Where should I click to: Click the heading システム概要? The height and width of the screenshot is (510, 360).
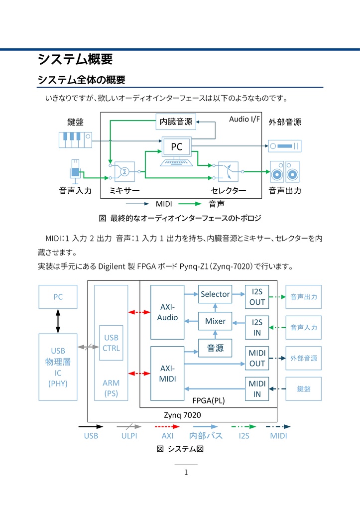pyautogui.click(x=75, y=59)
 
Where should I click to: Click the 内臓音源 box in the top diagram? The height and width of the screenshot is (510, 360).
pyautogui.click(x=175, y=121)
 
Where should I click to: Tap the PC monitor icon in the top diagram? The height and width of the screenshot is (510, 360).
pyautogui.click(x=177, y=150)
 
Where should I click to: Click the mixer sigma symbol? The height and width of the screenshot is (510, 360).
pyautogui.click(x=125, y=171)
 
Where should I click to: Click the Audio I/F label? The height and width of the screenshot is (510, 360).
pyautogui.click(x=244, y=120)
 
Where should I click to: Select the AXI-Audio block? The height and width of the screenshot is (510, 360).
pyautogui.click(x=167, y=312)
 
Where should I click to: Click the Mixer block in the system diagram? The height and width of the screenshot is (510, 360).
pyautogui.click(x=215, y=321)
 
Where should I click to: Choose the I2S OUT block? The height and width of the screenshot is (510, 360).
pyautogui.click(x=257, y=297)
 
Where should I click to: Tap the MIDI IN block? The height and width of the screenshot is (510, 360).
pyautogui.click(x=257, y=388)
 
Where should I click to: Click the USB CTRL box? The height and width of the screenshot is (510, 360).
pyautogui.click(x=111, y=343)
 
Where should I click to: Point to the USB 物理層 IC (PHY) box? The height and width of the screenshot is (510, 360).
pyautogui.click(x=58, y=367)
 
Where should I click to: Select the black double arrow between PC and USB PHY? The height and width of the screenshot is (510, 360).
pyautogui.click(x=58, y=321)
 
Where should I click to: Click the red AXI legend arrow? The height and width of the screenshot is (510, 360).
pyautogui.click(x=167, y=426)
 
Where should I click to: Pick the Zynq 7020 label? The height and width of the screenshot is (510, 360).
pyautogui.click(x=182, y=414)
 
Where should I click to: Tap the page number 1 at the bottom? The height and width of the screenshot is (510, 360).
pyautogui.click(x=186, y=472)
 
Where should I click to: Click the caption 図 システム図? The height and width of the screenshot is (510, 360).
pyautogui.click(x=180, y=449)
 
